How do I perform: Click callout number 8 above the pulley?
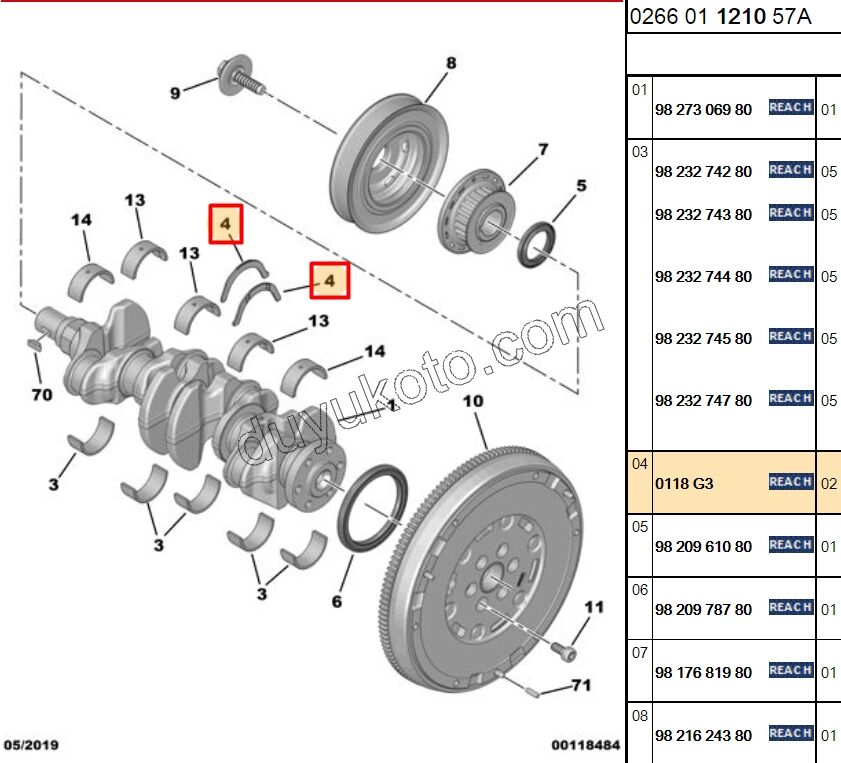pyautogui.click(x=451, y=63)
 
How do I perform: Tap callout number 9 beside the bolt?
pyautogui.click(x=175, y=93)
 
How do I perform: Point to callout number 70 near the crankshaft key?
pyautogui.click(x=41, y=394)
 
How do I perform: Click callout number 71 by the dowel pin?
pyautogui.click(x=581, y=685)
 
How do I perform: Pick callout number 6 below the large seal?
pyautogui.click(x=337, y=601)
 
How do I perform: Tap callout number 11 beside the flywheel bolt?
pyautogui.click(x=595, y=606)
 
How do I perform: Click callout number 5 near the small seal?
pyautogui.click(x=581, y=185)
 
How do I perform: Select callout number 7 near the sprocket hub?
pyautogui.click(x=543, y=150)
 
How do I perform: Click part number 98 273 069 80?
pyautogui.click(x=703, y=109)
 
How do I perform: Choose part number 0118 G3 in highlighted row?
pyautogui.click(x=684, y=484)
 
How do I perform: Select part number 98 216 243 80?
pyautogui.click(x=703, y=736)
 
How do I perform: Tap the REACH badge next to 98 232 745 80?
pyautogui.click(x=790, y=337)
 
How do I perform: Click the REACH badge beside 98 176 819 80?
pyautogui.click(x=790, y=671)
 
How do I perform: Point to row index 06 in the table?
pyautogui.click(x=639, y=590)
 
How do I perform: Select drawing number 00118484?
pyautogui.click(x=585, y=746)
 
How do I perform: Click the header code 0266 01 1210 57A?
pyautogui.click(x=719, y=16)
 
